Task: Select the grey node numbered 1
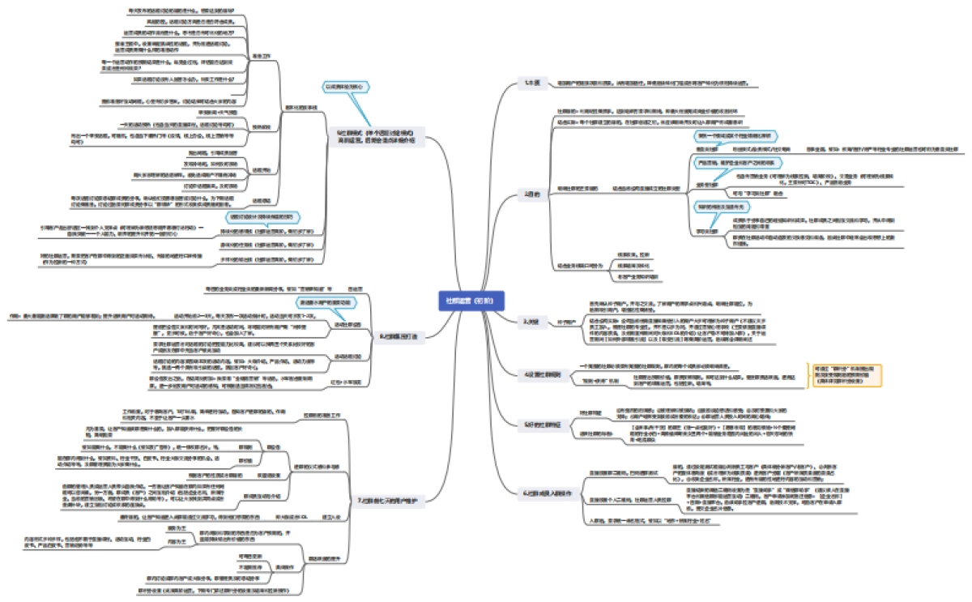tap(532, 83)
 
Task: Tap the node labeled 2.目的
tap(532, 194)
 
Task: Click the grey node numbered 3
tap(531, 322)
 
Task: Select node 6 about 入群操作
tap(542, 492)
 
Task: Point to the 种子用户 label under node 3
tap(566, 322)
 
